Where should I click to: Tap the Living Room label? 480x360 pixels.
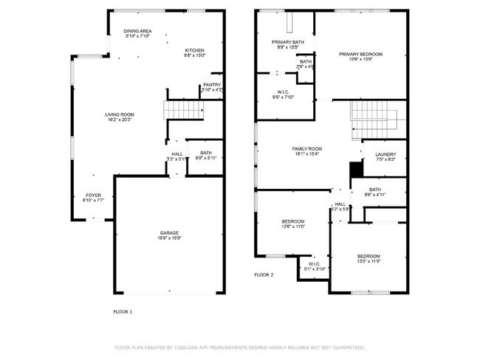point(119,114)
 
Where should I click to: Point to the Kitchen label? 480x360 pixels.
point(194,50)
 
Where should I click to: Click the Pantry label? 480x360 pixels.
point(211,85)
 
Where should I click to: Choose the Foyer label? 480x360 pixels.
point(93,195)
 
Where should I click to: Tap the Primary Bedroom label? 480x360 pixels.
point(360,54)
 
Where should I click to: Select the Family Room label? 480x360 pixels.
point(306,149)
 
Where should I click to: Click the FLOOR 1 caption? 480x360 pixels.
point(123,312)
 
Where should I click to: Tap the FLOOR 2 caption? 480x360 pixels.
point(264,274)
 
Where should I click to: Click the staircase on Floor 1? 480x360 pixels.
point(183,111)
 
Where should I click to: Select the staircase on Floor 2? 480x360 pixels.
point(374,114)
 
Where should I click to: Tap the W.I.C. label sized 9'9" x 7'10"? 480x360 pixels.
point(284,94)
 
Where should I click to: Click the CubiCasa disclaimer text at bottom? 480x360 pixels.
point(240,347)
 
